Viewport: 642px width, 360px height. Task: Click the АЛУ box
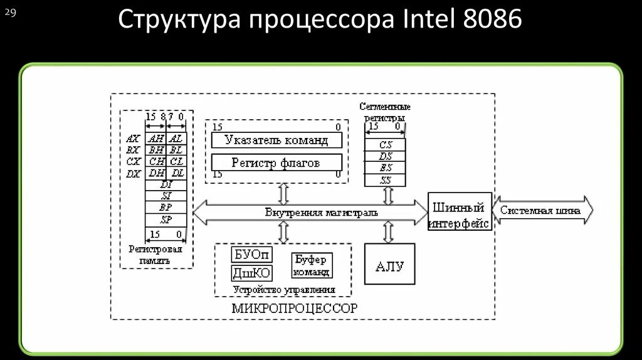389,266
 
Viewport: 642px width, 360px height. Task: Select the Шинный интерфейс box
460,211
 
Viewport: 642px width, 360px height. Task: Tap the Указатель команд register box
276,140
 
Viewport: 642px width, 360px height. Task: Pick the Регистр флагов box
276,163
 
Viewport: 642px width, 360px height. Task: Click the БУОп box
252,254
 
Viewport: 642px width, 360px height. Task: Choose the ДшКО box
252,273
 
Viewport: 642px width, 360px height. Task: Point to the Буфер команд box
312,265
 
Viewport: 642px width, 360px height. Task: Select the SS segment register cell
386,181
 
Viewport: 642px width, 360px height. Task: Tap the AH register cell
156,139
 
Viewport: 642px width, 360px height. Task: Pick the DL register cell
177,173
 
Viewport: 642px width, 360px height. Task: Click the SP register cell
166,220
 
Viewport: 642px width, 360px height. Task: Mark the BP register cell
166,208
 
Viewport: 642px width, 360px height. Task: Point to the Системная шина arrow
542,211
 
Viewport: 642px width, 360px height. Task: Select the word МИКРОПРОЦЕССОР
294,308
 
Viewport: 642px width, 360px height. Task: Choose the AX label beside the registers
132,139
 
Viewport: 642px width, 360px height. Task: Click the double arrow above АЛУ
388,232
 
